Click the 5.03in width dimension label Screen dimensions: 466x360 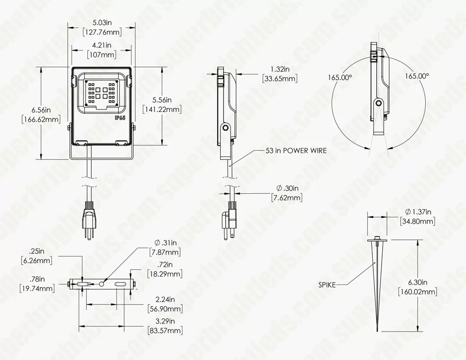click(102, 22)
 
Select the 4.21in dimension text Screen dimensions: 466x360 click(102, 45)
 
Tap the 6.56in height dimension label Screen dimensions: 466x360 click(41, 110)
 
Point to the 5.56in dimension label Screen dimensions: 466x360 click(162, 100)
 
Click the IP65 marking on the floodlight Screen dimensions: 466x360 click(120, 118)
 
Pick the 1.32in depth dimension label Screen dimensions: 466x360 click(280, 69)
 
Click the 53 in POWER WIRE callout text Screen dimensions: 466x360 click(296, 151)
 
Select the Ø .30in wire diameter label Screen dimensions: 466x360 click(287, 188)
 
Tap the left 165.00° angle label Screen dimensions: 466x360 click(340, 77)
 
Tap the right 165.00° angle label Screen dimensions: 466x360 click(417, 76)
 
